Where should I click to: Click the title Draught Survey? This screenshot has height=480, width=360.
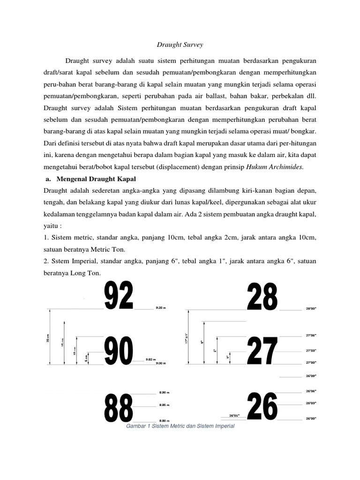(x=180, y=45)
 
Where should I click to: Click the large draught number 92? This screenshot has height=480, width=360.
(x=119, y=296)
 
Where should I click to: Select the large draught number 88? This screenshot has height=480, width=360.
(x=119, y=407)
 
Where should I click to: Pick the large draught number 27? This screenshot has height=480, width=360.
(x=262, y=351)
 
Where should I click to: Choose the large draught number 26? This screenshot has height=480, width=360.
(x=262, y=406)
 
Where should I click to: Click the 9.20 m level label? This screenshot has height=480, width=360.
(x=161, y=309)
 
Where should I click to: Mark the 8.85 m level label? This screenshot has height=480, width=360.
(x=164, y=405)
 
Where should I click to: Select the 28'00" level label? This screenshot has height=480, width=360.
(x=311, y=309)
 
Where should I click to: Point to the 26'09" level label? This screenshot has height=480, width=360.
(x=311, y=376)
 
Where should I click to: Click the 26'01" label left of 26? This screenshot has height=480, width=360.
(x=234, y=415)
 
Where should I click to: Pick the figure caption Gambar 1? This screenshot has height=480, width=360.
(x=180, y=427)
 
